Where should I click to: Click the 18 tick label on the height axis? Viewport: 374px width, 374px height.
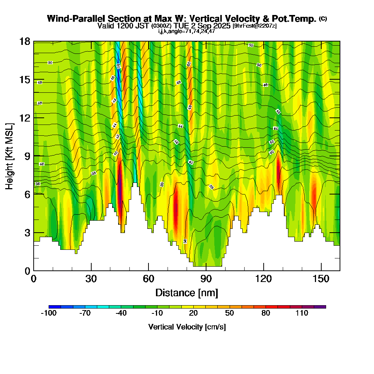pos(25,41)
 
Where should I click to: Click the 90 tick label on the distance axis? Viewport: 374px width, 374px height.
pos(206,279)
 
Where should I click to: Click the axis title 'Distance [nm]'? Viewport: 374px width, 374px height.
pos(187,292)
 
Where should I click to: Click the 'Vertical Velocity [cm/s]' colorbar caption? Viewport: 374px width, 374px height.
pos(187,327)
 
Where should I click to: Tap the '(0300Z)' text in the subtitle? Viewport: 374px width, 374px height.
pos(162,26)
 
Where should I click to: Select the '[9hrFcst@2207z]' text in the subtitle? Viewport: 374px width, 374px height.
pos(255,26)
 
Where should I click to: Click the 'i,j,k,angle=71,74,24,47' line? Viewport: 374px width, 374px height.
pos(187,31)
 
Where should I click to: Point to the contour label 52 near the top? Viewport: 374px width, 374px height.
pos(251,45)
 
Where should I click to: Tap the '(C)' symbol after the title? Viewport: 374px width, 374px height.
pos(323,18)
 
